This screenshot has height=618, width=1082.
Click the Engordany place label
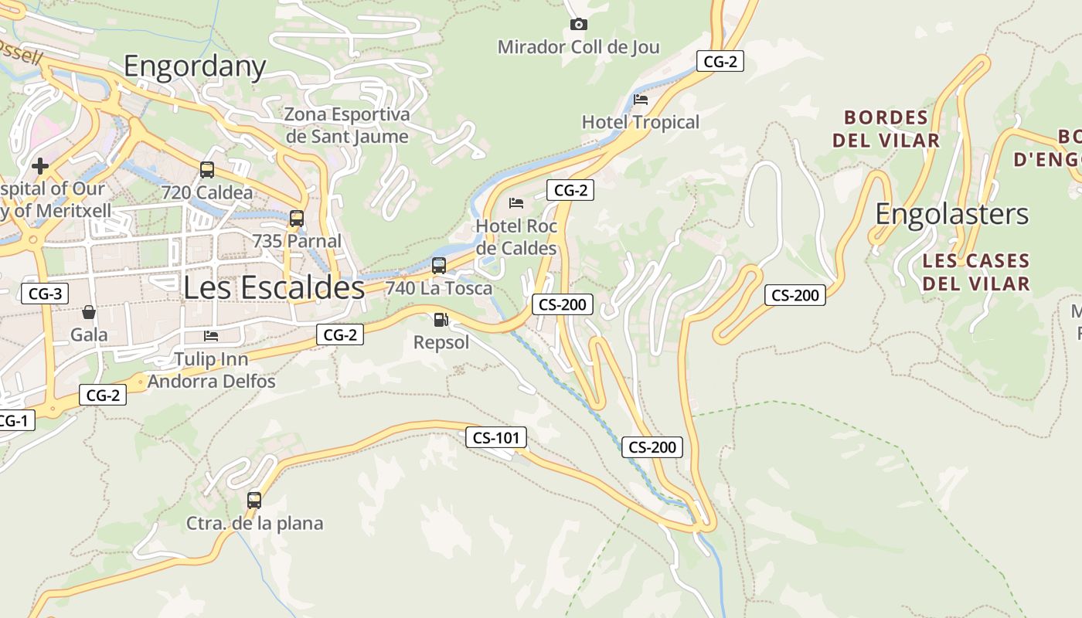coord(195,66)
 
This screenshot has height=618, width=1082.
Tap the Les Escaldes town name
coord(274,287)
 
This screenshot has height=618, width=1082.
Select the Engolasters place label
coord(951,214)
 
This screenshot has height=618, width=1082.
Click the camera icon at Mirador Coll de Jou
coord(578,25)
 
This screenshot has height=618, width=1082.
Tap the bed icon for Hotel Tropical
coord(640,100)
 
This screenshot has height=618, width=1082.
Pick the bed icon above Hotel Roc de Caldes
coord(516,203)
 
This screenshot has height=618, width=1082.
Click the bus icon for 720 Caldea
coord(206,170)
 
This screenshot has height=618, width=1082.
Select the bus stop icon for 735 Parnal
coord(297,219)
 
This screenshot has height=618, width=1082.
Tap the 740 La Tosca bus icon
coord(438,266)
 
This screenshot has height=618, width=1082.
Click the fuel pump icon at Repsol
coord(441,319)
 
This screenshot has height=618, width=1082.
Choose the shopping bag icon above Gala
coord(89,313)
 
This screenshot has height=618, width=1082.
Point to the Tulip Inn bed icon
coord(211,336)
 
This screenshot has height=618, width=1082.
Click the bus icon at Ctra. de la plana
coord(254,500)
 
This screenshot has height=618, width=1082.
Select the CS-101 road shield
coord(496,438)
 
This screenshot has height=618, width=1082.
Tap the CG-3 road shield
coord(45,294)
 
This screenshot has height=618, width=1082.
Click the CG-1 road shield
coord(13,421)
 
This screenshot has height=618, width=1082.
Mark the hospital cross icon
coord(40,165)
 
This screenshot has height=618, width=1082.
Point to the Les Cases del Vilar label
coord(975,272)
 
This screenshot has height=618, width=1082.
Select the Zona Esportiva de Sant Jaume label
coord(347,126)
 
